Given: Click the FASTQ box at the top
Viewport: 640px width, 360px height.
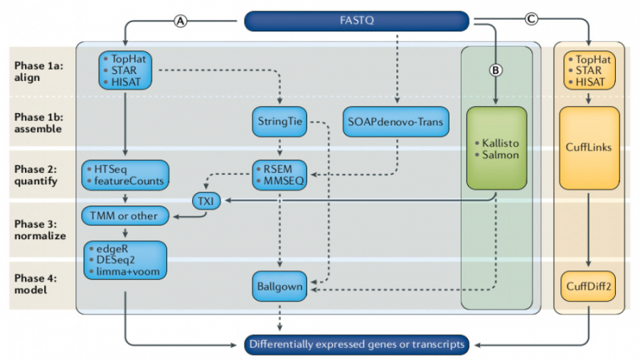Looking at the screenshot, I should pos(356,21).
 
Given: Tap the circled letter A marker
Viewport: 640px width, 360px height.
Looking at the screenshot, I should pos(181,21).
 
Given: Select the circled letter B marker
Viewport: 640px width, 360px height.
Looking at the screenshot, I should pos(496,70).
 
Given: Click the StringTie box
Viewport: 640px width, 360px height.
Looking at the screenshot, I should pos(279,122).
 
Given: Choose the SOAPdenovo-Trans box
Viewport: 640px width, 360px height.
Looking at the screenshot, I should pos(395,122).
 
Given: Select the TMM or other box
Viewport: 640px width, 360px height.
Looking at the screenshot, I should pos(125,214).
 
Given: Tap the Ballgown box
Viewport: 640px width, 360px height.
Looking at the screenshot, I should pos(279,287).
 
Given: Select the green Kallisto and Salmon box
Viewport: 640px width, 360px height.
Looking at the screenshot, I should pos(496,148).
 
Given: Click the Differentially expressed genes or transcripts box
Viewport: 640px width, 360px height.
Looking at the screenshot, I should pos(356,344).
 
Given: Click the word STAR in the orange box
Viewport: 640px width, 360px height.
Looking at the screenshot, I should pos(589,70).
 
